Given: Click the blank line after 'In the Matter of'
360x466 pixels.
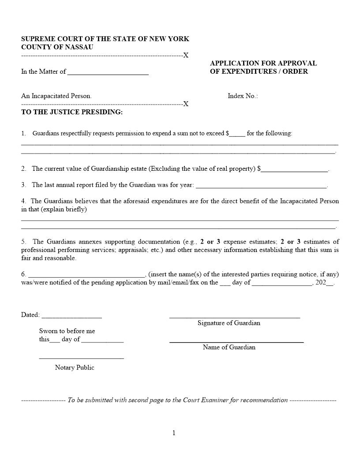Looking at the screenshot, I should tap(108, 73).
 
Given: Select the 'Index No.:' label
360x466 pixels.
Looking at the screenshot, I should tap(243, 96).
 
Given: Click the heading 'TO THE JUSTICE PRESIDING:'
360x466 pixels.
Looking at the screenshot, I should tap(72, 112).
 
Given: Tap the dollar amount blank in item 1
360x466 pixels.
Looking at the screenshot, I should tap(237, 134).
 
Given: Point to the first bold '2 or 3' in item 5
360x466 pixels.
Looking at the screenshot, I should tap(207, 242).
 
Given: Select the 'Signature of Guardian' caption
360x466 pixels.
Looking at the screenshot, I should tap(229, 323).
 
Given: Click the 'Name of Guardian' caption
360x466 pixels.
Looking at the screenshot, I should tap(229, 347).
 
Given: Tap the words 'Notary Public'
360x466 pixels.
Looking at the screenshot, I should tap(75, 368).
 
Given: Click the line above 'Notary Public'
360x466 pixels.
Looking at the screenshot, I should tap(81, 358).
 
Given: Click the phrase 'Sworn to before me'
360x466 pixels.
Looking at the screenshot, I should tap(67, 331).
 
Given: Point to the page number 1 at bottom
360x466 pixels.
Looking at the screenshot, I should tap(174, 433).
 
